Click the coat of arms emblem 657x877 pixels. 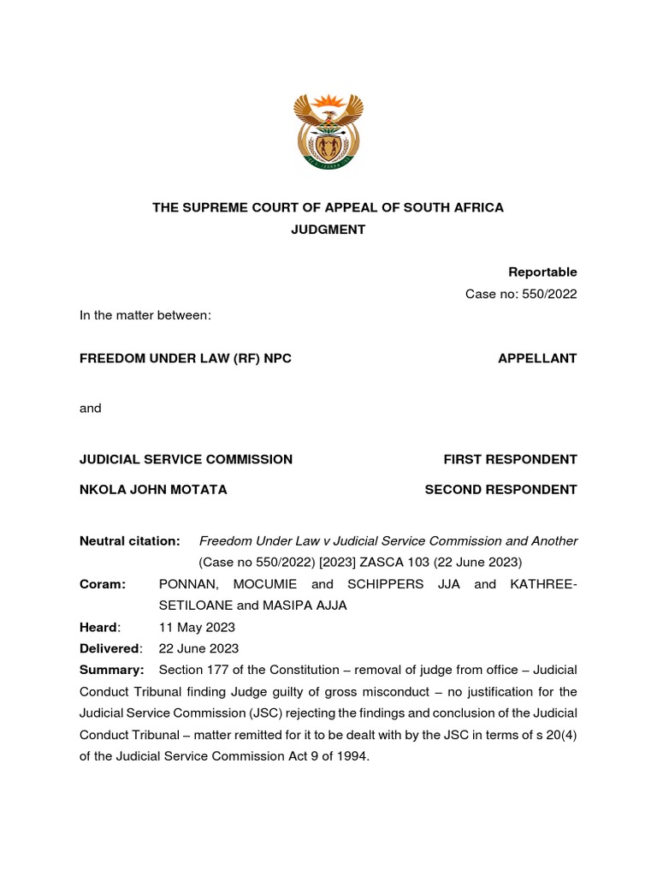tap(328, 132)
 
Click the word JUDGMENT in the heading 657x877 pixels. tap(328, 230)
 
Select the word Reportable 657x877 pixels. tap(542, 272)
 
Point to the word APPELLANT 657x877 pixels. tap(537, 358)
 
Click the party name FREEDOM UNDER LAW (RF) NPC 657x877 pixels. tap(186, 358)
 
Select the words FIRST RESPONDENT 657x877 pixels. tap(510, 459)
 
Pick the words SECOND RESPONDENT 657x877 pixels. tap(500, 489)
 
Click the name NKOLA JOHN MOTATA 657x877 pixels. tap(153, 489)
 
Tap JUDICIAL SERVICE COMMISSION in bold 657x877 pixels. tap(186, 459)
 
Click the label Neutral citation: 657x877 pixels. tap(129, 540)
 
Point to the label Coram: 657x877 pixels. tap(103, 584)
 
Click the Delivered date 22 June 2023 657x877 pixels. tap(199, 648)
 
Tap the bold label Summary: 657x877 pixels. tap(111, 670)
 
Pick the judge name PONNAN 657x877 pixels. tap(190, 584)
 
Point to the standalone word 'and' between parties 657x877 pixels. tap(91, 409)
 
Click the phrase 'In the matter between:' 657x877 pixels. tap(145, 315)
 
